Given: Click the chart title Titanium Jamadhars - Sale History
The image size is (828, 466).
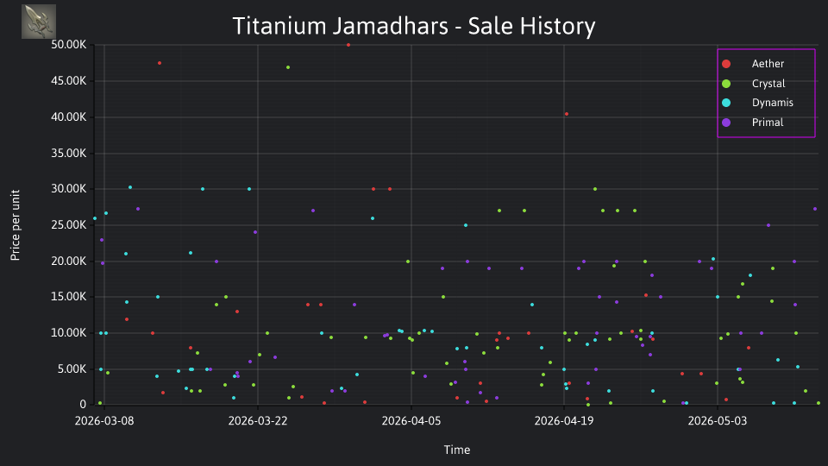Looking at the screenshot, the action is coord(414,26).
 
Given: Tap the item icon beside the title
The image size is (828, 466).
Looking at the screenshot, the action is coord(39,22).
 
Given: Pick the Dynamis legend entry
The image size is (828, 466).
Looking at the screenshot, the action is coord(757,103).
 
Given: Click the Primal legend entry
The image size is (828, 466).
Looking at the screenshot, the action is coord(752,123).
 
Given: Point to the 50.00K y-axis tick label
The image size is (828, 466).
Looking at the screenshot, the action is coord(69,45).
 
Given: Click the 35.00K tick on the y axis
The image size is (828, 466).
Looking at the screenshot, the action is coord(69,154).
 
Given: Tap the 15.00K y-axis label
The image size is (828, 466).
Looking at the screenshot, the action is coord(69,297).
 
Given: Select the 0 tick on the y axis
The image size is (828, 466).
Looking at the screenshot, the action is coord(83,405).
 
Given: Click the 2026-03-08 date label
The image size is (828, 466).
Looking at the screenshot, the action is coord(104,421).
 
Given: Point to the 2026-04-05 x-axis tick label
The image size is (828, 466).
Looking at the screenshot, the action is coord(411,421).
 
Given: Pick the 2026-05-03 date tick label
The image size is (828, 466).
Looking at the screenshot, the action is coord(718,421).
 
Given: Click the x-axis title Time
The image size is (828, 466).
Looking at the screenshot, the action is coord(457,450).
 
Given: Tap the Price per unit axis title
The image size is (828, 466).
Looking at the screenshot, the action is coord(16,225).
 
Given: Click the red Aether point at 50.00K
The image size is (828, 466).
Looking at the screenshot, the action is coord(348,45).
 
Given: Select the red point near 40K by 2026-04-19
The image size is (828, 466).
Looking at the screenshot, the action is coord(567,114).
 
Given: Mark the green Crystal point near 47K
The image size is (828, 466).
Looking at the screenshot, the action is coord(288,67).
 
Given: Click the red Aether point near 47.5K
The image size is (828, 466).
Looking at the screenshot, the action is coord(160,63).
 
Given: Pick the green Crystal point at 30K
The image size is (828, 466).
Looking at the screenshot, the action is coord(595,189).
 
